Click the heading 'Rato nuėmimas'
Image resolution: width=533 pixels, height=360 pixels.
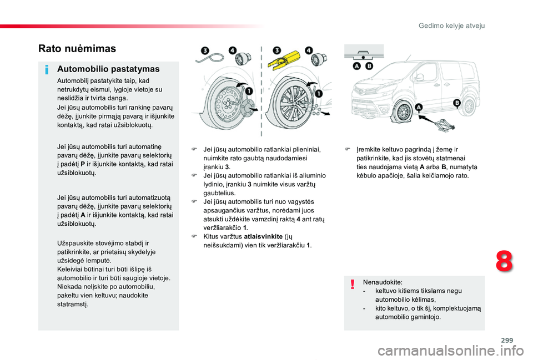tap(77, 48)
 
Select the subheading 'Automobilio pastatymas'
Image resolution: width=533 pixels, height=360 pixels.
tap(108, 69)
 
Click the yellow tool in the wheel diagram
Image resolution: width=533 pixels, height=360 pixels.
tap(285, 61)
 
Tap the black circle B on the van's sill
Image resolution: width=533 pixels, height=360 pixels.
tap(456, 103)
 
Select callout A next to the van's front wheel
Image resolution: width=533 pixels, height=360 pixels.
tap(418, 108)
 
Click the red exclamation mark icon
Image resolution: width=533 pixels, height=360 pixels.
tap(353, 285)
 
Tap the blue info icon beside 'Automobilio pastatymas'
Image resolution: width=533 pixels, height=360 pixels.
tap(48, 70)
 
